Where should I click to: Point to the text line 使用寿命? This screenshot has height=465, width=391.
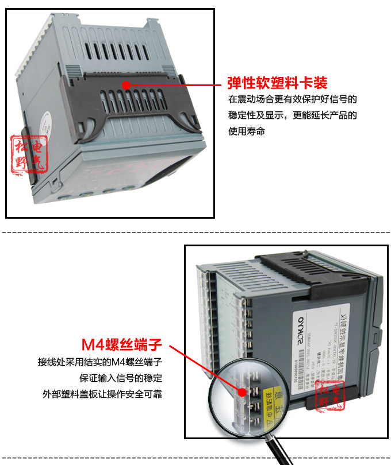247,131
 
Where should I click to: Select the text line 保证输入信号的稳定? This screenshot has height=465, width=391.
120,378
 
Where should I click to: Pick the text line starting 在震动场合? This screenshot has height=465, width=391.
293,99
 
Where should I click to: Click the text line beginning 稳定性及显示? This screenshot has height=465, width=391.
293,115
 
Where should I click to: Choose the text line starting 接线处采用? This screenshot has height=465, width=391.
100,362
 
